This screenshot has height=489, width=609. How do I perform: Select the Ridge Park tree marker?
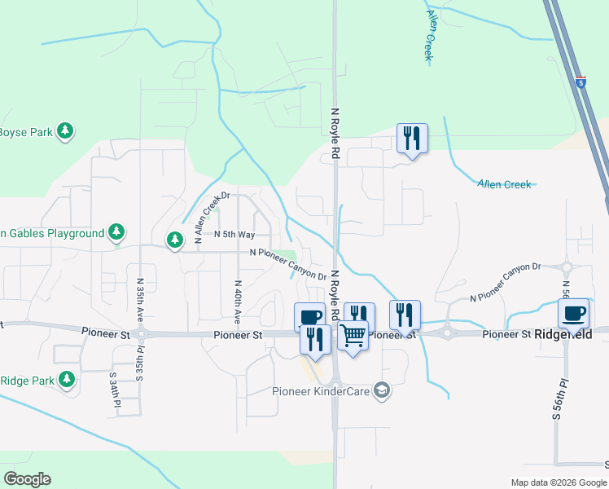66,380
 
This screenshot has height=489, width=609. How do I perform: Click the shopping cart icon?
353,334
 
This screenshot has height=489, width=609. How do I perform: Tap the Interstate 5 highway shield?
580,82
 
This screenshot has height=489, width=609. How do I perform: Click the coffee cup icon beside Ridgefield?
573,313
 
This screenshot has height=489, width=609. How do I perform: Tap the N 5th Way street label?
234,234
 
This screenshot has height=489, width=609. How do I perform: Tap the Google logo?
27,479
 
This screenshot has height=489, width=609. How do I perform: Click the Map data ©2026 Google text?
558,482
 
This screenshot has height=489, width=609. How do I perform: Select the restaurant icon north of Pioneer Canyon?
412,139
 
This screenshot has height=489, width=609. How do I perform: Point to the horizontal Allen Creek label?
505,185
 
